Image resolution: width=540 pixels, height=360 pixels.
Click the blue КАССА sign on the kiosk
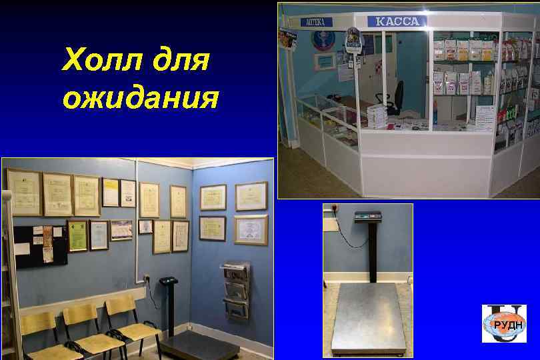pos(397,21)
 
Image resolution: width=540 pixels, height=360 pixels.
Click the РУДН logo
pos(504,323)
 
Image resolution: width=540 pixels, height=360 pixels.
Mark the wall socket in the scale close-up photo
pos(329,209)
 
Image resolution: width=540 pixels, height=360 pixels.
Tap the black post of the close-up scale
pos(372,257)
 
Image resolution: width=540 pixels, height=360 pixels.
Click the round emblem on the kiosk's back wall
pos(323,41)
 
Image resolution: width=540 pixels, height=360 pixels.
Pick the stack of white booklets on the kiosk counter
pos(378,115)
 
